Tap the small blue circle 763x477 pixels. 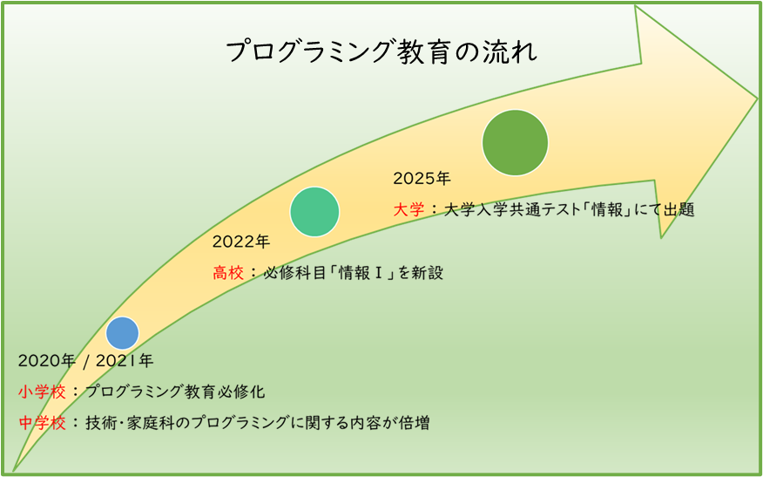point(123,333)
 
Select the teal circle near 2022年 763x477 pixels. point(314,211)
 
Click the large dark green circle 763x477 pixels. point(516,142)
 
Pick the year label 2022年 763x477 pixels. point(241,242)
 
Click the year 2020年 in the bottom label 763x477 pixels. point(47,361)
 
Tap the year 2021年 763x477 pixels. point(125,361)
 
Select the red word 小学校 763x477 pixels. point(43,392)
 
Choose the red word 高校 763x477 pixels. point(227,273)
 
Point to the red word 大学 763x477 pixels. point(409,210)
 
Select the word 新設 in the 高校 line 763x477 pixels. point(428,273)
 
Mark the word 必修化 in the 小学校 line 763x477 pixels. point(242,392)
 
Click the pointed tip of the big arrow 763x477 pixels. point(757,99)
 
